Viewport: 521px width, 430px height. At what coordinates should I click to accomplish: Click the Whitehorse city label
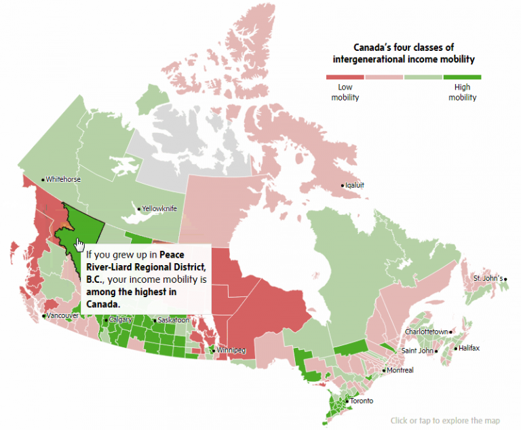point(63,179)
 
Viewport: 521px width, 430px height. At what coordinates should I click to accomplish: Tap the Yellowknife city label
point(159,209)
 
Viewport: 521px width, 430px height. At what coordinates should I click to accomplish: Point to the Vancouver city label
point(61,316)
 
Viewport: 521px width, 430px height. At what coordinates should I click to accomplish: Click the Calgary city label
point(120,319)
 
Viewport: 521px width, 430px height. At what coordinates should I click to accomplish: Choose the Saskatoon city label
point(172,320)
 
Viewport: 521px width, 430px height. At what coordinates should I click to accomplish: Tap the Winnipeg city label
point(231,351)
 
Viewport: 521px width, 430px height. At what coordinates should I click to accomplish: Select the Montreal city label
point(400,370)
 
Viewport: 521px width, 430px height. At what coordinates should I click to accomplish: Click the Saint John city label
point(417,351)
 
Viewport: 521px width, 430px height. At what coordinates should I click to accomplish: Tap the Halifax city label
point(469,348)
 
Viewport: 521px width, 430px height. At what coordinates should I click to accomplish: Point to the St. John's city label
point(488,278)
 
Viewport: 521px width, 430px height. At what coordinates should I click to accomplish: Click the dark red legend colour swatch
point(345,77)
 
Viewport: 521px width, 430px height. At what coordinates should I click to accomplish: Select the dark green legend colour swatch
point(462,77)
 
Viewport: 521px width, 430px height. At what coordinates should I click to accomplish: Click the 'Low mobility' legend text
point(345,92)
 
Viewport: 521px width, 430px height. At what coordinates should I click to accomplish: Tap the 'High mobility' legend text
point(462,92)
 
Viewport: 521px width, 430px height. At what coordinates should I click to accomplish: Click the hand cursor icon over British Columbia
point(80,244)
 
